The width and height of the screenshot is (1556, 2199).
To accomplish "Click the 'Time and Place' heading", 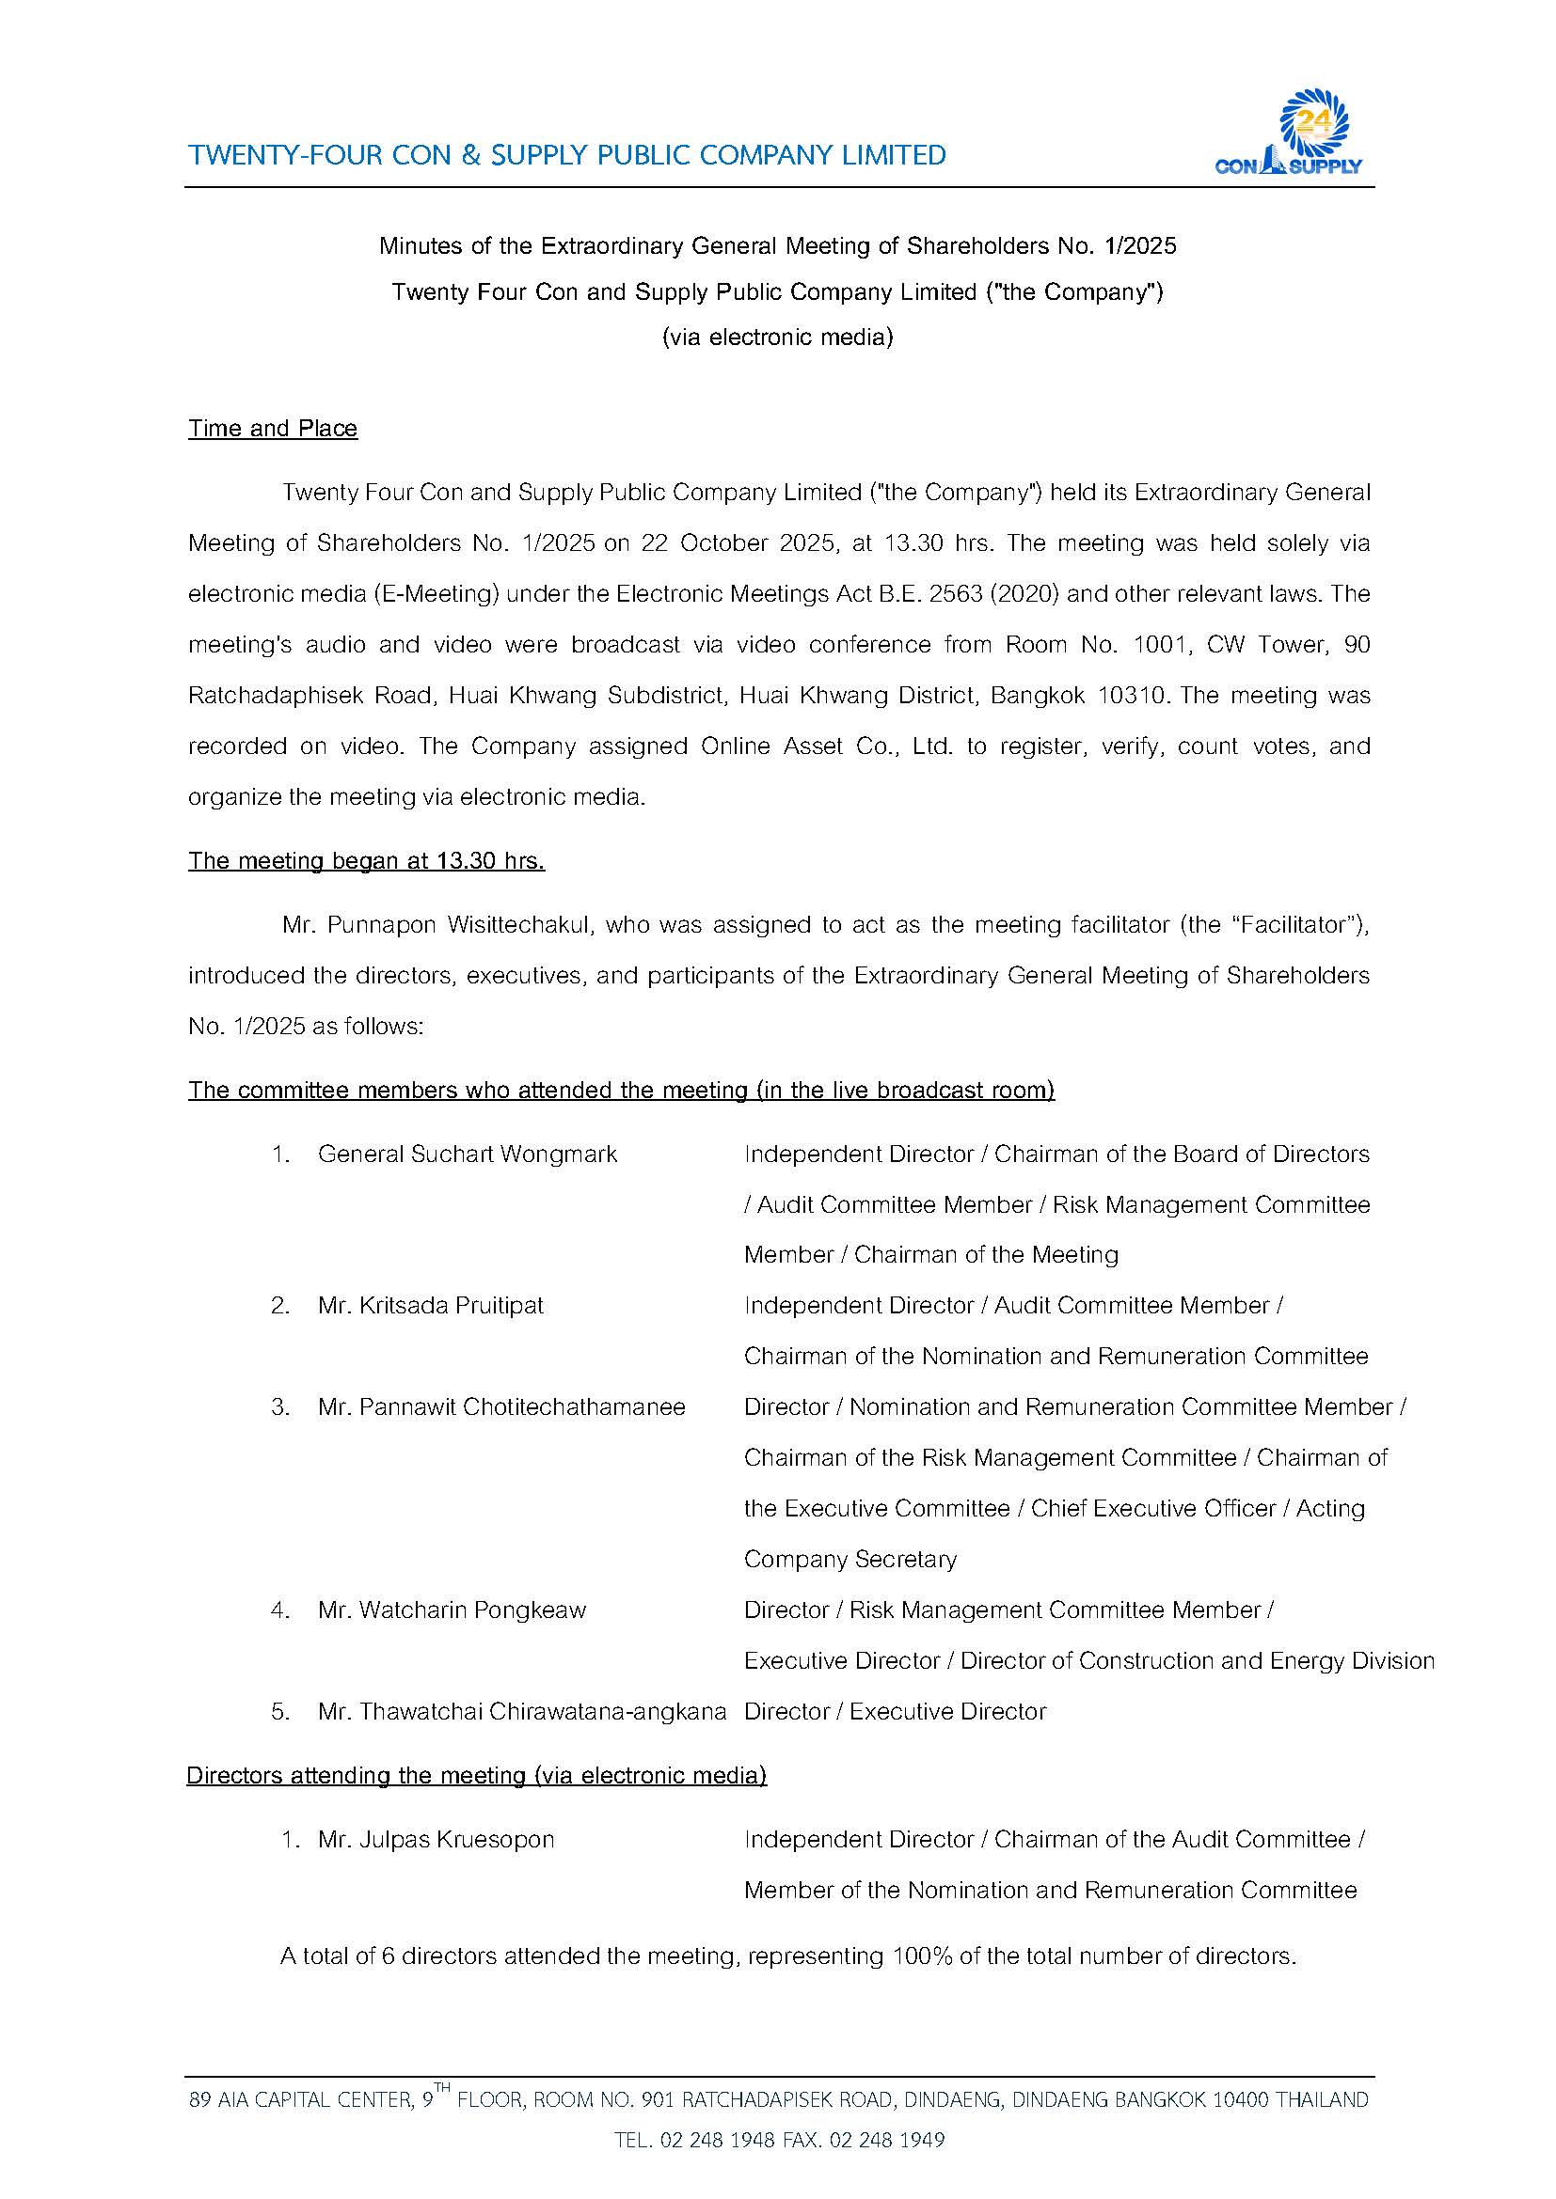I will click(x=272, y=428).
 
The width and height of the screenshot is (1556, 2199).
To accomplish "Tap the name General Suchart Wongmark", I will click(x=467, y=1154).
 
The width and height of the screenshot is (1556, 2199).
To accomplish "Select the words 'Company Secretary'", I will click(x=849, y=1559).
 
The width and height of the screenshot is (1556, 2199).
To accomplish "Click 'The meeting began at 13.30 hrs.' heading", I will click(x=366, y=861).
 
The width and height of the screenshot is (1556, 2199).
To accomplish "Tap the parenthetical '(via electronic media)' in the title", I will click(x=777, y=338).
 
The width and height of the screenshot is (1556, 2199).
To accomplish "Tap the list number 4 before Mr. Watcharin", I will click(x=279, y=1610).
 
